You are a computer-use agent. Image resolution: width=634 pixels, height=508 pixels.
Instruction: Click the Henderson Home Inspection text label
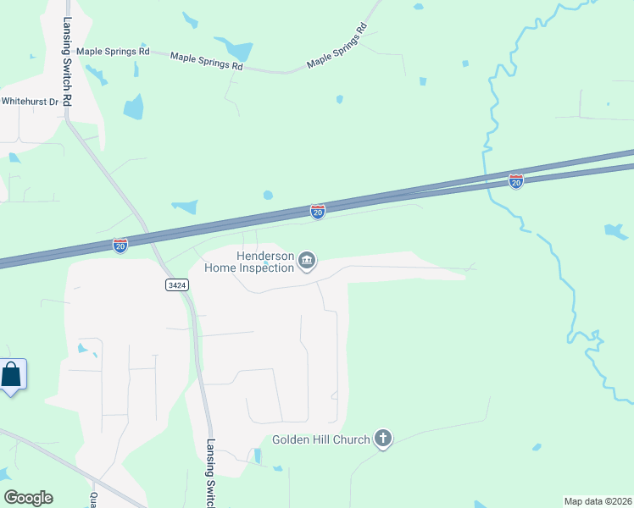point(249,262)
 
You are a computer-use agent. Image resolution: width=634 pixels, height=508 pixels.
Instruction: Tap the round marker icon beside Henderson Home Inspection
point(308,262)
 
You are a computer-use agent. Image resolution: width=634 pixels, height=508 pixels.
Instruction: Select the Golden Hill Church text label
point(321,440)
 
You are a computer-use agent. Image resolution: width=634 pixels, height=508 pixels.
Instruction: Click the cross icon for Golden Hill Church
point(383,439)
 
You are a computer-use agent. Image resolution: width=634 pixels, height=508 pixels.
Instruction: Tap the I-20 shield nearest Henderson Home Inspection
point(317,212)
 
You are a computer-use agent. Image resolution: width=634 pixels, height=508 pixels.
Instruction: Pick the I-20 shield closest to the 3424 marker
point(120,245)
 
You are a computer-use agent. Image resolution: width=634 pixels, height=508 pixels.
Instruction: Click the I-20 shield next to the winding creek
point(515,180)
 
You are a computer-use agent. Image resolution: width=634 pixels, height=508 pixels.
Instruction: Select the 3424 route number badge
point(176,286)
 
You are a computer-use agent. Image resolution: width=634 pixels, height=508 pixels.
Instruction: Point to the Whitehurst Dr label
point(30,101)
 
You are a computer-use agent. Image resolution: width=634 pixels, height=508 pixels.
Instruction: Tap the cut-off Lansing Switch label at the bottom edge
point(210,474)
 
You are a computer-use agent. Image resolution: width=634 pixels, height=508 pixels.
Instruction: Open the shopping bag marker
point(12,374)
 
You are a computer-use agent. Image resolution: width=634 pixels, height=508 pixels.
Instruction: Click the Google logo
point(28,498)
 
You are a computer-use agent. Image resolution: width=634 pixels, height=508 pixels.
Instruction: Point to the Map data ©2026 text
point(598,501)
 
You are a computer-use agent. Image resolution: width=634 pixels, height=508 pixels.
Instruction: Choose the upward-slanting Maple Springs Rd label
point(337,51)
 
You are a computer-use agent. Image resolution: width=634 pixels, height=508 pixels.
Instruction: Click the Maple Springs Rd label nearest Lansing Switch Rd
point(113,52)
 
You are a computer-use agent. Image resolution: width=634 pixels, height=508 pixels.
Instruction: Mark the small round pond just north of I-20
point(268,195)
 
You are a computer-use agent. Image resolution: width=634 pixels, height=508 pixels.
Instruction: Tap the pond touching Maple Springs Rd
point(235,49)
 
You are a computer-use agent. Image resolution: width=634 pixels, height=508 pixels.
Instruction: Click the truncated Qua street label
point(93,500)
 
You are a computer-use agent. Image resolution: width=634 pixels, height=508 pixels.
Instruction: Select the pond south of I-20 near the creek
point(616,231)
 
